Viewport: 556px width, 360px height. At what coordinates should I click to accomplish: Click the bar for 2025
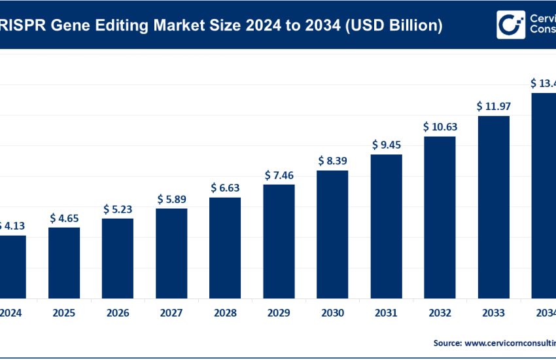[x=64, y=262]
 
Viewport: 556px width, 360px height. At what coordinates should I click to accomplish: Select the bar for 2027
[x=171, y=253]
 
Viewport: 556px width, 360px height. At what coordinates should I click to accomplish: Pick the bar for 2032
[x=440, y=217]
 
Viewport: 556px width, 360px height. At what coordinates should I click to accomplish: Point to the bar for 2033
[x=493, y=207]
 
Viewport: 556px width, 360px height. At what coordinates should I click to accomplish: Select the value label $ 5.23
[x=118, y=209]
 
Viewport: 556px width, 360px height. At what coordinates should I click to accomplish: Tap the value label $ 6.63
[x=225, y=188]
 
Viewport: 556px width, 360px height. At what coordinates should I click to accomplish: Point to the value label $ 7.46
[x=279, y=175]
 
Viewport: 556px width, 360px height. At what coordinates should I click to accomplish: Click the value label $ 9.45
[x=386, y=145]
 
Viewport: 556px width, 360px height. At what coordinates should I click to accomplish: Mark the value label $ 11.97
[x=493, y=106]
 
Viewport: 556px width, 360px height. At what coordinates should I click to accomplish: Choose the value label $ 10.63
[x=440, y=126]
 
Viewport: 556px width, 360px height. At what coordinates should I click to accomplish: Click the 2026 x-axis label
[x=118, y=313]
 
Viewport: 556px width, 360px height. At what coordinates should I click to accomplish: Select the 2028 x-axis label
[x=225, y=313]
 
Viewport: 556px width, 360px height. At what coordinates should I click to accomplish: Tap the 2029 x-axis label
[x=279, y=313]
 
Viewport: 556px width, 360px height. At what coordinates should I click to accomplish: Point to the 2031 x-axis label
[x=386, y=313]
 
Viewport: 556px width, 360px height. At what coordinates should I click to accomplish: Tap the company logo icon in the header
[x=511, y=25]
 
